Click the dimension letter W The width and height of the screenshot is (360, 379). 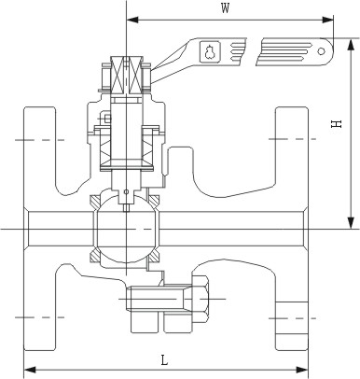(226, 8)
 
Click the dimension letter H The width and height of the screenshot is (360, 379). (336, 124)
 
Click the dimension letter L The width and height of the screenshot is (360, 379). (164, 360)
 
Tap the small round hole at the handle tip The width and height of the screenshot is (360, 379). (322, 50)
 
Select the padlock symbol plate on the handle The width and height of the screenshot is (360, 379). (210, 51)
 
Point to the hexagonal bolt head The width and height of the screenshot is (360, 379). (200, 299)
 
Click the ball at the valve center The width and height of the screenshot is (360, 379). (126, 230)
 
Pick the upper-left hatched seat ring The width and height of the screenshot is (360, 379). (95, 202)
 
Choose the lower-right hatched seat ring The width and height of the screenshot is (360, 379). (154, 256)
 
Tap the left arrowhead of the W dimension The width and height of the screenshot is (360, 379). (132, 20)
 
